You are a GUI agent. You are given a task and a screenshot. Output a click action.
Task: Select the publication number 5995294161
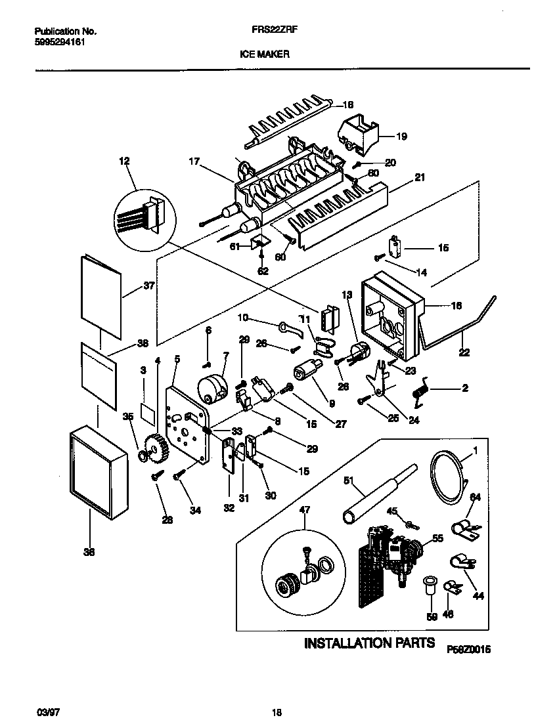(58, 42)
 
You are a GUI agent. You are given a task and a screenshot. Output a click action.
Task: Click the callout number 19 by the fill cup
(402, 137)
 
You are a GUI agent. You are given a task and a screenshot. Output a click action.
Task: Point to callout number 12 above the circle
(124, 161)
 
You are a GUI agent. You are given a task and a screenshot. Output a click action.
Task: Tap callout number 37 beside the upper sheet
(148, 286)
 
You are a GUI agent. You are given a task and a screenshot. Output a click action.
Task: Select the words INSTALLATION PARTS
(368, 643)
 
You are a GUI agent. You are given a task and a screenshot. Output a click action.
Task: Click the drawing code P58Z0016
(470, 649)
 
